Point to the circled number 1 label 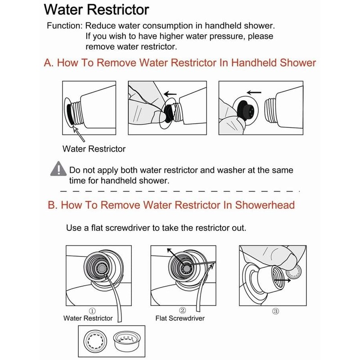92,310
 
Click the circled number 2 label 183,310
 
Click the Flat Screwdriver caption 180,318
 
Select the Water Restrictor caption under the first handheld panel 94,148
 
